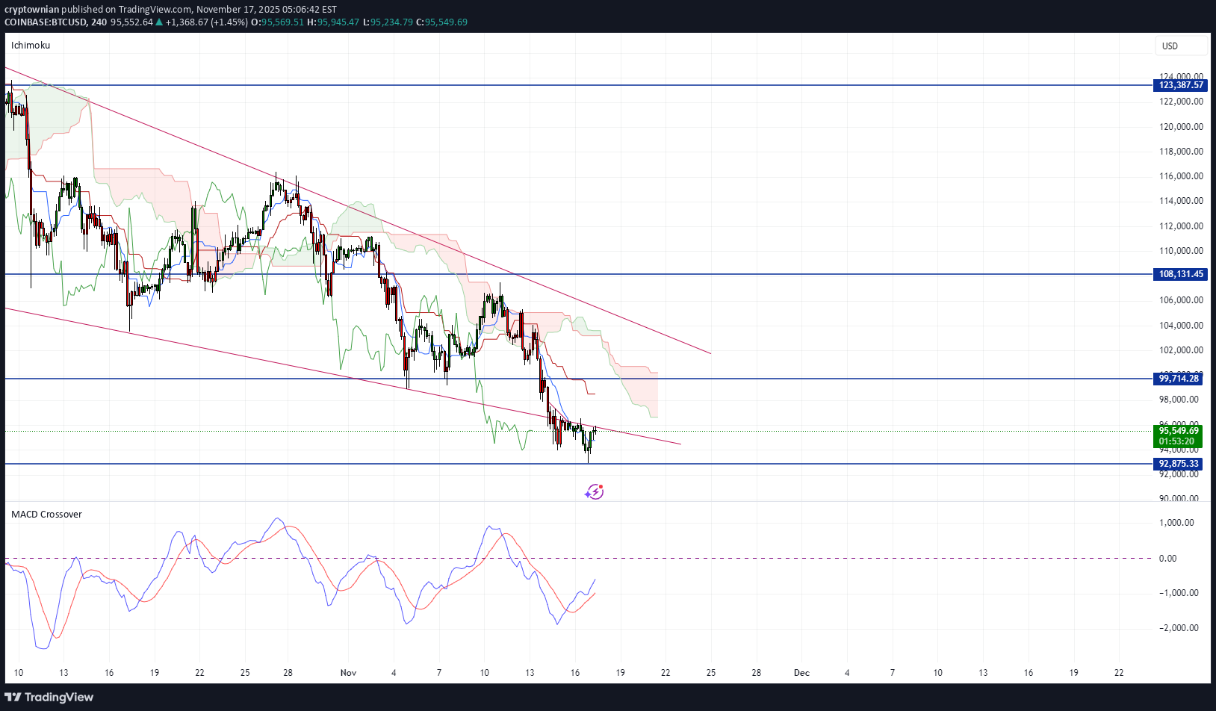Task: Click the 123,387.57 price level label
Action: [x=1181, y=85]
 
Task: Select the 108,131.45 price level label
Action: [x=1181, y=274]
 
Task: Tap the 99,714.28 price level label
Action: [x=1179, y=379]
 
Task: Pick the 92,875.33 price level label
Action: [x=1179, y=464]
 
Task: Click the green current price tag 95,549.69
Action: [x=1179, y=431]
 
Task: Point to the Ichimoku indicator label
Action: [x=31, y=46]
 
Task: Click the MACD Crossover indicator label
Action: [x=46, y=515]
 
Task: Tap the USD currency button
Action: [x=1170, y=46]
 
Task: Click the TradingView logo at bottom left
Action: [x=49, y=698]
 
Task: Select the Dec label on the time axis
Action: [x=801, y=673]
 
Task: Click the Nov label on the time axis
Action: [x=348, y=673]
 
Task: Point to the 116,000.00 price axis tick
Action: [x=1181, y=176]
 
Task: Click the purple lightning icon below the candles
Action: [x=595, y=491]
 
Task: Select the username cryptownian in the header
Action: [x=31, y=10]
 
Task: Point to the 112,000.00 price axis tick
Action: [x=1181, y=226]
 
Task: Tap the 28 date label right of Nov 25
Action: [x=757, y=673]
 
